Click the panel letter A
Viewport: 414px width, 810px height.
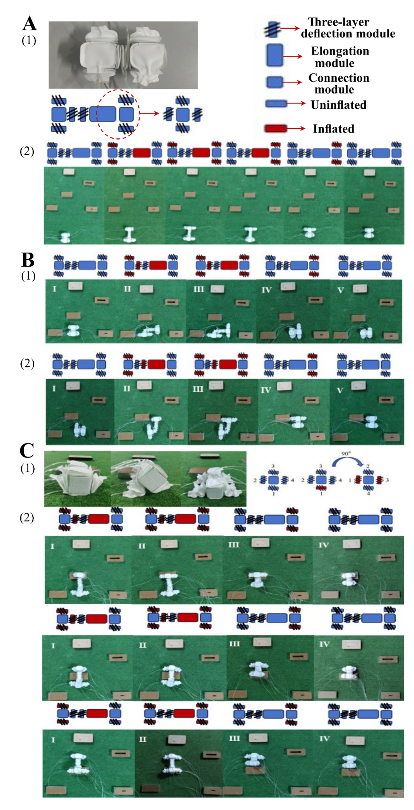click(x=29, y=24)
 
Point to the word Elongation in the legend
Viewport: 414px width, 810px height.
click(x=340, y=51)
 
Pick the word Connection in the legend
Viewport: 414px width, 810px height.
click(x=339, y=78)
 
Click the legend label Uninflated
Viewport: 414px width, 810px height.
click(x=339, y=105)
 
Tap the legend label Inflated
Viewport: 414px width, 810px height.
click(x=333, y=129)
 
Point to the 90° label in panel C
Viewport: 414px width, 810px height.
click(x=346, y=454)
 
